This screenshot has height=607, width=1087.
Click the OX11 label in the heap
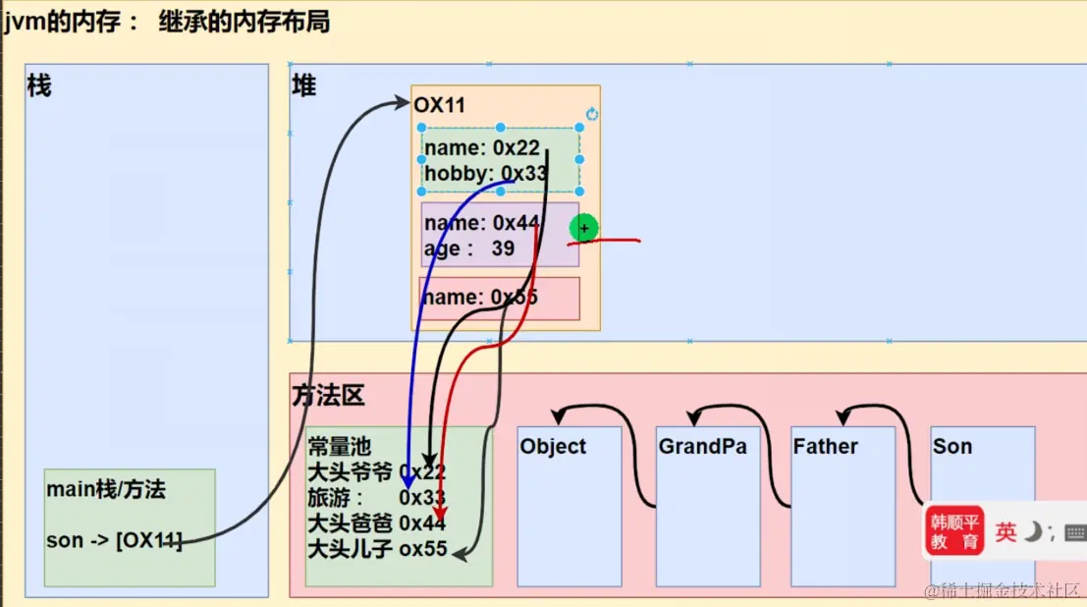[439, 105]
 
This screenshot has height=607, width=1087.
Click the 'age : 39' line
[469, 248]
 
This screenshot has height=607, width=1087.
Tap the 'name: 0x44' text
[481, 224]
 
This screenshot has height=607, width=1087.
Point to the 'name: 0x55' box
[499, 298]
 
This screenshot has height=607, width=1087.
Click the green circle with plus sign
[584, 229]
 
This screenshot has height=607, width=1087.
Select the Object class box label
[553, 447]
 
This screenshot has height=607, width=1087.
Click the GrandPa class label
[702, 447]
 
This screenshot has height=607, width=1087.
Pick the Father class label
[826, 447]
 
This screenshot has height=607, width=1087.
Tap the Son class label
[951, 447]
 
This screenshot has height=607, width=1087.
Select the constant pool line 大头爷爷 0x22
[376, 472]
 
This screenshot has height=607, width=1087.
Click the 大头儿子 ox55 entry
[377, 549]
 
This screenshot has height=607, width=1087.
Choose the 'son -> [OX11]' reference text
[114, 540]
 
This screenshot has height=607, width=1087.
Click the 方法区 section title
[328, 396]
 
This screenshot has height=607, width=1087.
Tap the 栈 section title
[39, 86]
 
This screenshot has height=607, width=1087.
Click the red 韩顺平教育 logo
[954, 531]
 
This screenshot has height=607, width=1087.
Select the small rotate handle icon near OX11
[592, 114]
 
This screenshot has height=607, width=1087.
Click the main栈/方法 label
[105, 489]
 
